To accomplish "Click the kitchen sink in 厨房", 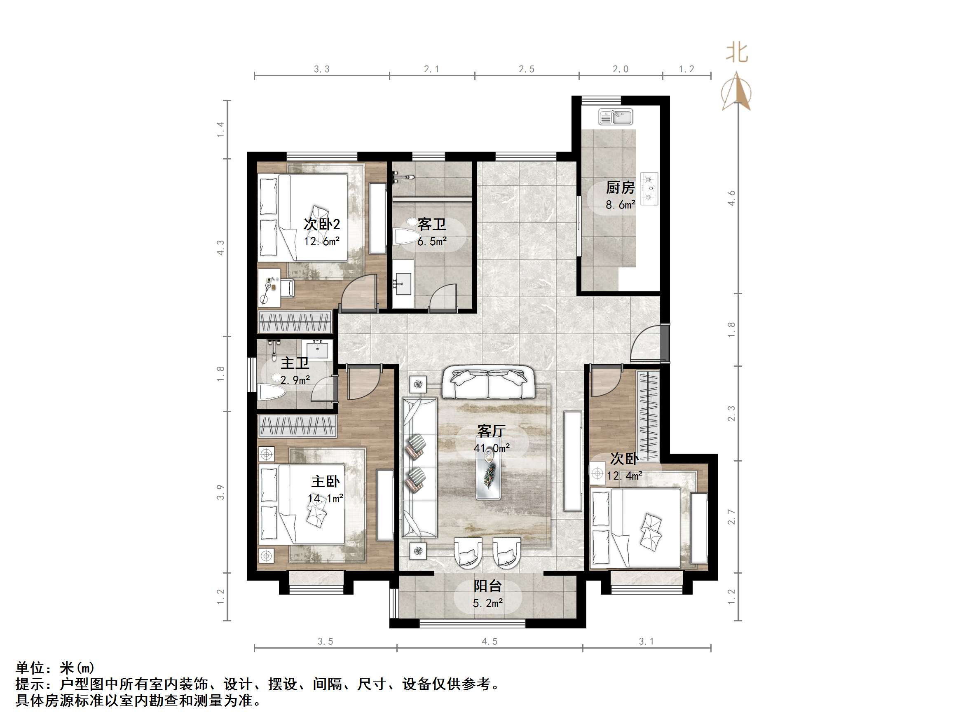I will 615,117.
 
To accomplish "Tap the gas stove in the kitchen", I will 649,189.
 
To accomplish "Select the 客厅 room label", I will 491,431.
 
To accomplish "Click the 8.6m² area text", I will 620,205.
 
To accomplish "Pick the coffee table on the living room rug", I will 488,473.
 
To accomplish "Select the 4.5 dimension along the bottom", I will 489,642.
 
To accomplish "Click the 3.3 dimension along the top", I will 321,69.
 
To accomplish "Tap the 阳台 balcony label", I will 488,586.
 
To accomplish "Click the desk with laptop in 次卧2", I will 269,287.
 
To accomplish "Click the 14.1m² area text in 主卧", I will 326,498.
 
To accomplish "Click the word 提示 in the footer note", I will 30,684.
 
